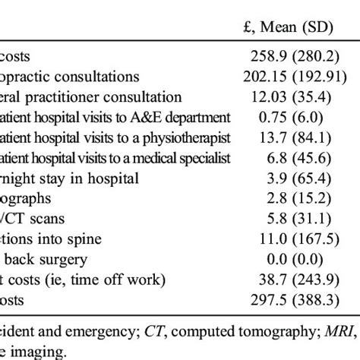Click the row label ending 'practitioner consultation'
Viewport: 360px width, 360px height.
click(91, 97)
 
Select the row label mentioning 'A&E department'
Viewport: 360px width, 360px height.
click(103, 117)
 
